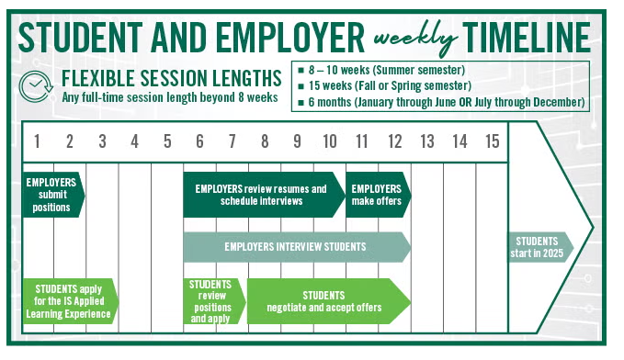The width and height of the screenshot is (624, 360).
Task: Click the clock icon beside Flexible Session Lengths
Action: coord(35,84)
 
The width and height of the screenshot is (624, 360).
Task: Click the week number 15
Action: coord(492,141)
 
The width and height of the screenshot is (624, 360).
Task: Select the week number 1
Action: coord(37,141)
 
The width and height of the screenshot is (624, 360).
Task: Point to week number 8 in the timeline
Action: coord(265,141)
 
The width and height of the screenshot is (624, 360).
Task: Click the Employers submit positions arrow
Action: coord(51,194)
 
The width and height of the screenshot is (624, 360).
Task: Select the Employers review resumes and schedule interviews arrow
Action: coord(261,195)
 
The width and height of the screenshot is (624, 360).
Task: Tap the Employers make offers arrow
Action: coord(377,195)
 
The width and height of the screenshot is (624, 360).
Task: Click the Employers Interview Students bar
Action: coord(296,246)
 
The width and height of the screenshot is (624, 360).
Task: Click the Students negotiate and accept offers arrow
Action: coord(326,300)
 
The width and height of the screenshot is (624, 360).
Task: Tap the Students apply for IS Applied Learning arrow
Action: coord(70,301)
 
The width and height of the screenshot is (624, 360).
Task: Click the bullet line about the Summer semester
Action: coord(386,70)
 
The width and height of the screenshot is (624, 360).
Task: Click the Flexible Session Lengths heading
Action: coord(171,76)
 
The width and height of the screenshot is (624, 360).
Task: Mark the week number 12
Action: coord(395,141)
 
